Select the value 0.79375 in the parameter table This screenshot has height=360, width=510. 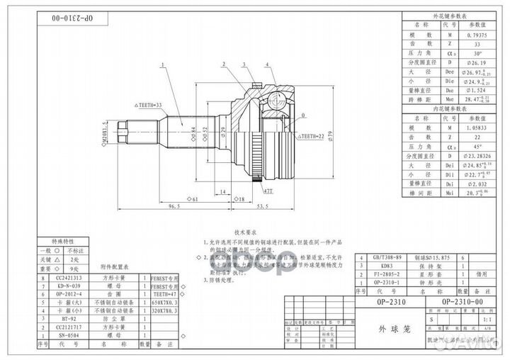pos(475,33)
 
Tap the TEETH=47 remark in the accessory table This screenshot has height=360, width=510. pos(164,294)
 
